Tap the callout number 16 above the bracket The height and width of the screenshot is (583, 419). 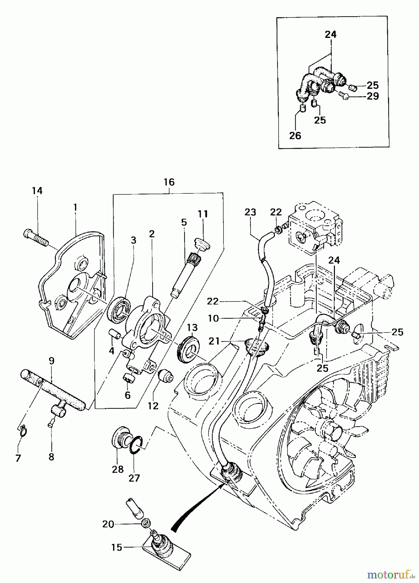[169, 182]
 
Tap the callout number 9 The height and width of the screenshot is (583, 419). [51, 360]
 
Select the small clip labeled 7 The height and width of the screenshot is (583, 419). [22, 431]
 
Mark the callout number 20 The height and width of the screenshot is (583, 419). [108, 524]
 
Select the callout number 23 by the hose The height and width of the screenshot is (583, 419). [250, 212]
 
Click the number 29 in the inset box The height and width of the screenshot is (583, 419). [373, 96]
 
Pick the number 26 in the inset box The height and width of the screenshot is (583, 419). [295, 135]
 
